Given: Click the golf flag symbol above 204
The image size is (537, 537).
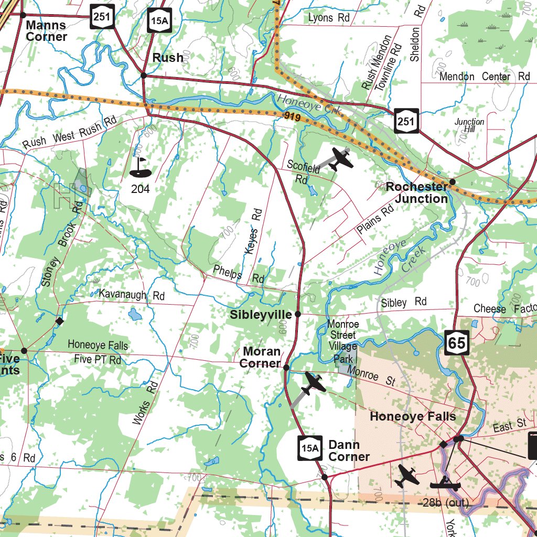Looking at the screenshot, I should (140, 167).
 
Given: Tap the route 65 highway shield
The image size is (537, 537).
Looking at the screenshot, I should (457, 342).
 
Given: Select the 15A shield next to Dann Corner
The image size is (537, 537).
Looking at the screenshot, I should (309, 448).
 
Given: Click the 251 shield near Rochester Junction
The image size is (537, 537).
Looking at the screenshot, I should (407, 121).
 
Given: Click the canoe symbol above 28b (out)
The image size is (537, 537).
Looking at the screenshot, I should (445, 483).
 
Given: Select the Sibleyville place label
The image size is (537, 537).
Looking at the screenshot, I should (261, 315).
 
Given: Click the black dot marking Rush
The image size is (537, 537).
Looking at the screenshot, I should (144, 76).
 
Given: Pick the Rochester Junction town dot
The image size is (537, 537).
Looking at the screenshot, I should (453, 181).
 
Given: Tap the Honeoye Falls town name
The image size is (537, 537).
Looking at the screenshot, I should (413, 416).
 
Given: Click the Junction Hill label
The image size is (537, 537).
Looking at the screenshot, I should (469, 125).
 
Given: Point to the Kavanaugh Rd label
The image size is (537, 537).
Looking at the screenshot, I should (132, 295).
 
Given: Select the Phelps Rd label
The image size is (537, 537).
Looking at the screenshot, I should (239, 274).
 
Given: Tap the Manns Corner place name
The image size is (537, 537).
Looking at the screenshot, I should (46, 31).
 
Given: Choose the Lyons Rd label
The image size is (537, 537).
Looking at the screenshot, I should (329, 18).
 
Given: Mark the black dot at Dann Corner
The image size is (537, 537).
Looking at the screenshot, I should (325, 477).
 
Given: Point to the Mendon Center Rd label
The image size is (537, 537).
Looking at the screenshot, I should (485, 77).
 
